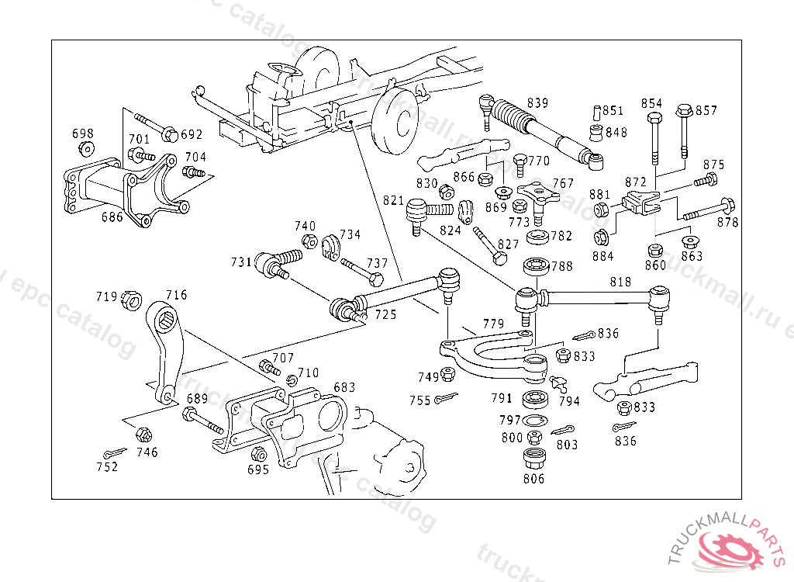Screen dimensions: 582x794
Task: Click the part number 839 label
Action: [537, 103]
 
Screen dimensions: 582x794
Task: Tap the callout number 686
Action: [112, 217]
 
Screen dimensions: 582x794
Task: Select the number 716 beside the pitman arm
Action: [177, 295]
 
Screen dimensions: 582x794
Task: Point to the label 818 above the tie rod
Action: [620, 282]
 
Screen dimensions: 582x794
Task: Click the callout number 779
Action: [493, 324]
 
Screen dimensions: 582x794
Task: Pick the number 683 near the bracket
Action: [344, 387]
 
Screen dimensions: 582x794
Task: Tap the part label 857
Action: [706, 111]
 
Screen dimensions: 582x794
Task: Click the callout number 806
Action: [533, 478]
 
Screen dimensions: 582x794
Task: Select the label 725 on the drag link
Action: [385, 314]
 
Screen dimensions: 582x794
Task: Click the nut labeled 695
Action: [259, 455]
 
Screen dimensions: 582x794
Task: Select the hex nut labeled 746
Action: [142, 435]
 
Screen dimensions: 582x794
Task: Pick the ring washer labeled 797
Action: [533, 421]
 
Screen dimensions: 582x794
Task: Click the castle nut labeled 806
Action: [533, 457]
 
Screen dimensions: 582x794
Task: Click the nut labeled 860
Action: [655, 250]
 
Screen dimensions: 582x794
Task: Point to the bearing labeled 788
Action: [534, 266]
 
